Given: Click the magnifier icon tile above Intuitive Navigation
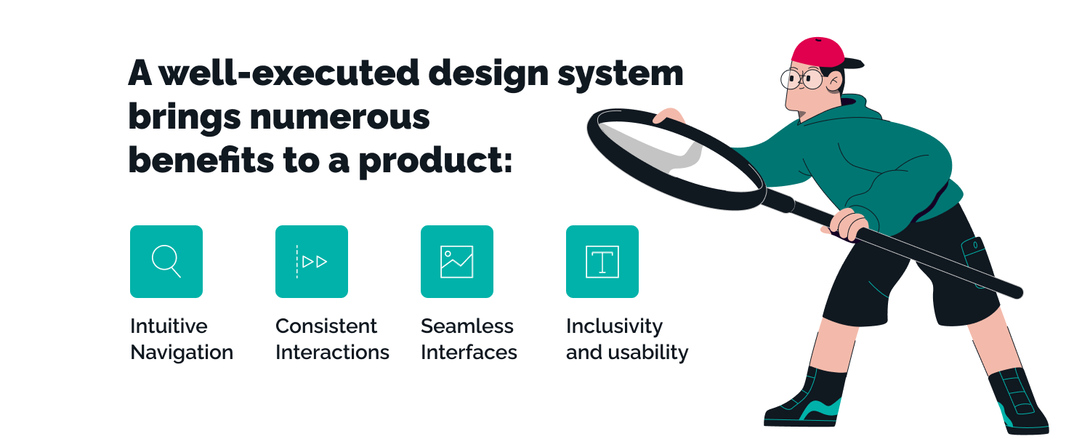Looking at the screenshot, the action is [x=166, y=262].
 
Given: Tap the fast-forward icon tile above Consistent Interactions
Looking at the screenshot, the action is [x=312, y=262].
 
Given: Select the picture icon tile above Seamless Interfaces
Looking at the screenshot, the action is [x=457, y=262].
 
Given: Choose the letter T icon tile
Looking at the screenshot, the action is [x=602, y=262].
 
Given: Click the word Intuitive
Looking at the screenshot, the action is [x=169, y=326].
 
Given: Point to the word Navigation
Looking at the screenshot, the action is [x=182, y=353].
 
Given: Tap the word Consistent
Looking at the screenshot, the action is [x=326, y=326].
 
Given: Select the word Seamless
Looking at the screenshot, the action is [x=467, y=326].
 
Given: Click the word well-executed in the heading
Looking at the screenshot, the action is [x=289, y=73].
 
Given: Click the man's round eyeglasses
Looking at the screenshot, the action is [x=802, y=79].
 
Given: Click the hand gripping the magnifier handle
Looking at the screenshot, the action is [x=849, y=223].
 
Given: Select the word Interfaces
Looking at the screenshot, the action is [x=469, y=352].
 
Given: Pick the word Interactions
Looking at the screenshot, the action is [x=332, y=352].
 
